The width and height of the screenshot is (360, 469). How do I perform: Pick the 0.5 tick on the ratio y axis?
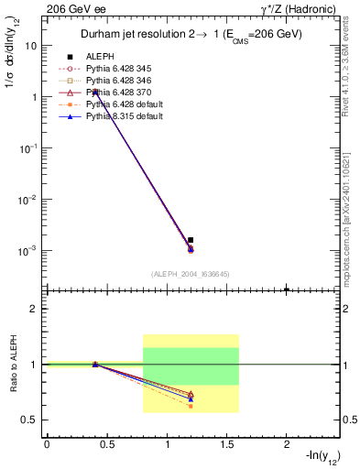(32, 420)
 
